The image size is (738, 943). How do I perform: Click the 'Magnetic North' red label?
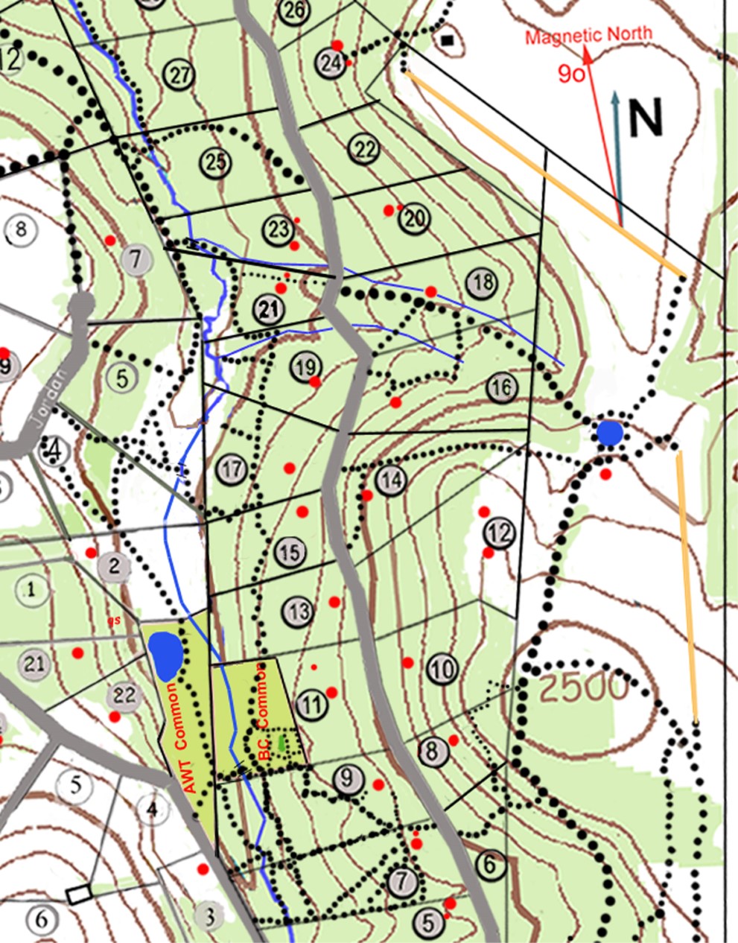tap(588, 35)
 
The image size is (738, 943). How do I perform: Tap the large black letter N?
tap(646, 118)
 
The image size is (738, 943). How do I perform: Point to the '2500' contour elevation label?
tap(584, 689)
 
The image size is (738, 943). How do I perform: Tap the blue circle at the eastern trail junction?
tap(610, 433)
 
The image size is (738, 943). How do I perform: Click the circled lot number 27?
tap(180, 75)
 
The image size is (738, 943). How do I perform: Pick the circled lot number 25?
tap(216, 162)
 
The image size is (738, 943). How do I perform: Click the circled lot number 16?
tap(503, 387)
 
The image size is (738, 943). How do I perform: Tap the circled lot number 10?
tap(443, 670)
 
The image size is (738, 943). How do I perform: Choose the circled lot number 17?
tap(232, 469)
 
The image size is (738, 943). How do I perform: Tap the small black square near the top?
tap(448, 40)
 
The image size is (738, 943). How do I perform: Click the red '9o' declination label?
tap(571, 74)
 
